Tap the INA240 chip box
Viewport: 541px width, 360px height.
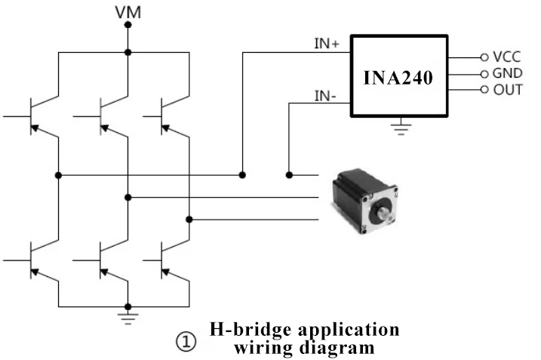click(398, 76)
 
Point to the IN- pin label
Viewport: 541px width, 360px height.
click(326, 96)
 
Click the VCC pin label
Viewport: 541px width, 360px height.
click(506, 57)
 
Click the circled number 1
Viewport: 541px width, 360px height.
click(186, 341)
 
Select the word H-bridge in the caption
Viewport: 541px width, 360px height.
click(247, 330)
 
